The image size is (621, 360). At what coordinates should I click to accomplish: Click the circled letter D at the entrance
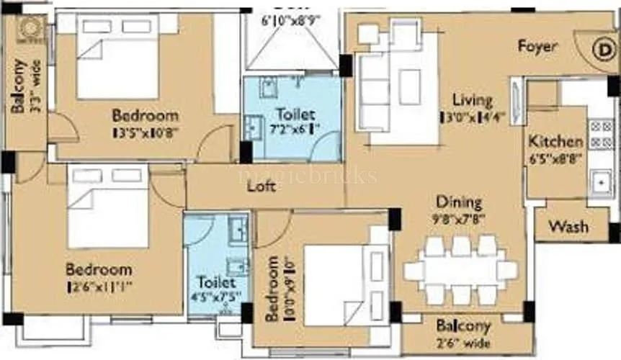602,51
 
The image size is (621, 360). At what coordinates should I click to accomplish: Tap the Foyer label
537,46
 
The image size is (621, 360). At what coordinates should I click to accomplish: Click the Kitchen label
555,140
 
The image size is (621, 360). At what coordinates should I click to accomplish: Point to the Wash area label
568,227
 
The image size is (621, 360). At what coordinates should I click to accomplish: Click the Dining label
459,203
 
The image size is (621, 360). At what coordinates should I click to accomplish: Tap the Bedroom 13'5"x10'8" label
145,116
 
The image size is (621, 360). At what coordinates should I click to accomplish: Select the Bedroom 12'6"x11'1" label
99,270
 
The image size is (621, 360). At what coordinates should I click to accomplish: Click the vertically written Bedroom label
273,288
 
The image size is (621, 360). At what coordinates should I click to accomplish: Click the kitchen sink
599,182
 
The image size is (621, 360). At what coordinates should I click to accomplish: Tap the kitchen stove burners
599,136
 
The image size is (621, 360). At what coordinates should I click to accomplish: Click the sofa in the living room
375,94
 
